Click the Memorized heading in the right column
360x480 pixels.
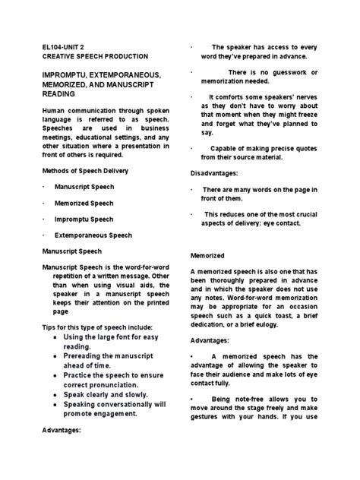tap(207, 257)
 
